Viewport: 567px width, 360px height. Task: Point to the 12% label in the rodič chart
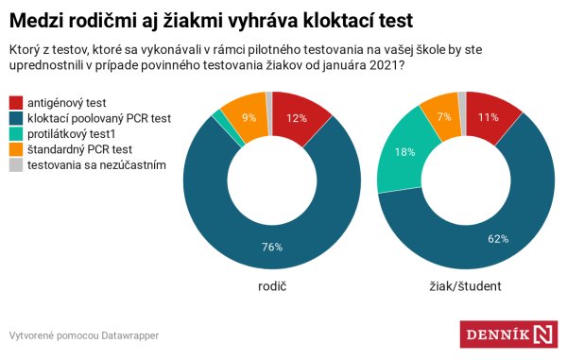click(x=296, y=118)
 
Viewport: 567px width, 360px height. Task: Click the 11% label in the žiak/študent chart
click(x=488, y=117)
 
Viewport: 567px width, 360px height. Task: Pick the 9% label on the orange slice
click(x=249, y=117)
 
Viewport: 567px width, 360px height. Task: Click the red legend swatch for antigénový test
click(x=15, y=102)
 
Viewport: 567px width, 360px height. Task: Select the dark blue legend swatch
click(x=15, y=118)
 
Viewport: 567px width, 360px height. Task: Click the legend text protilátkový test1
click(x=79, y=134)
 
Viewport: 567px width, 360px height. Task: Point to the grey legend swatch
click(x=15, y=165)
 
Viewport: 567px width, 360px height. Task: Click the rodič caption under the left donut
click(x=271, y=285)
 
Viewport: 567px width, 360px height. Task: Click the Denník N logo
click(x=507, y=335)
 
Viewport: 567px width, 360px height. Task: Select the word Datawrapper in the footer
click(x=129, y=335)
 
